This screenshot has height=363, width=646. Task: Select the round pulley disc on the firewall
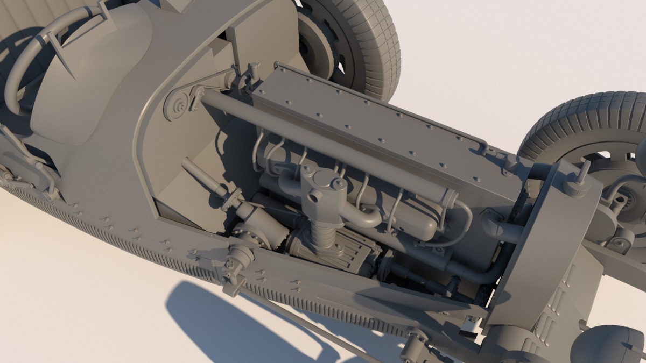click(177, 106)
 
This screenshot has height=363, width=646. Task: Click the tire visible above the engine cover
click(371, 43)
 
